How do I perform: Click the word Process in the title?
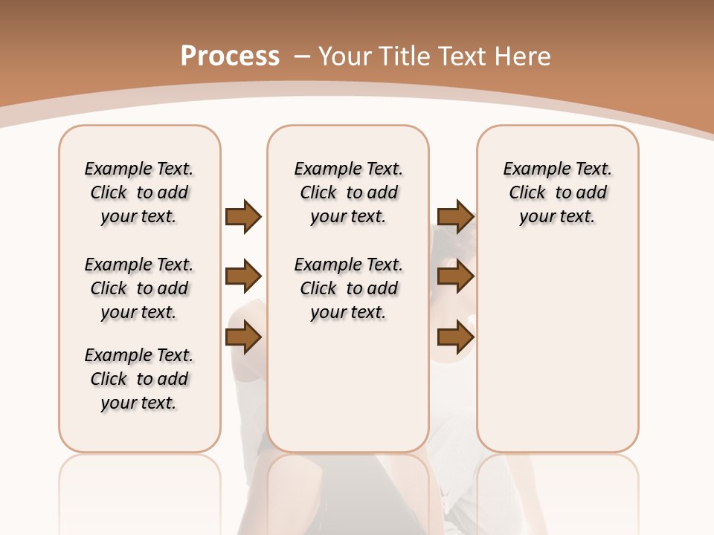coord(230,56)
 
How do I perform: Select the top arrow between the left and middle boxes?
coord(243,216)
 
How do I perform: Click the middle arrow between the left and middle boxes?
coord(243,277)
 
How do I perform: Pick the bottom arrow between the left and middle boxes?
coord(243,338)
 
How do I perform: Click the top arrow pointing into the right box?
coord(455,216)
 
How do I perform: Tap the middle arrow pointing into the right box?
coord(455,277)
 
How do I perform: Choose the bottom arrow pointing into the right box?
coord(455,338)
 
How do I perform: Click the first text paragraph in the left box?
coord(139,192)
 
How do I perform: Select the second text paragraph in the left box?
coord(139,288)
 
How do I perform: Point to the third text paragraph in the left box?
coord(139,379)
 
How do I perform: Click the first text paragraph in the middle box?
coord(348,192)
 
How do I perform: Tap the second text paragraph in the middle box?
coord(348,288)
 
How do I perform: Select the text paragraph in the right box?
coord(557,192)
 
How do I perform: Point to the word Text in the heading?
coord(463,56)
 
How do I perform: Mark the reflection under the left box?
coord(140,490)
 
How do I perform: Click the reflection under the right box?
coord(558,490)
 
